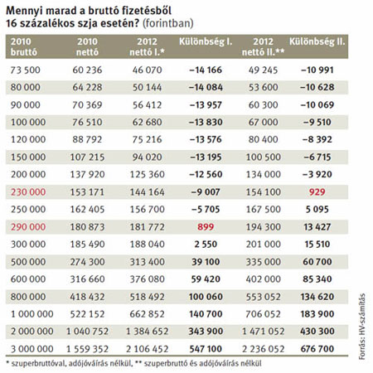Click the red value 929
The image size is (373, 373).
(317, 191)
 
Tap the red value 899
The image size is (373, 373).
(206, 227)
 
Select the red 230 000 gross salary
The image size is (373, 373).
(28, 191)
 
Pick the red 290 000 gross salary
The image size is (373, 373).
(28, 227)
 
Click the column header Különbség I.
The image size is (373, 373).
(206, 41)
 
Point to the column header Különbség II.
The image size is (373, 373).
(317, 41)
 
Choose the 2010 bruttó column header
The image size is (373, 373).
(24, 46)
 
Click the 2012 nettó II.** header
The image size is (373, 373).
(263, 46)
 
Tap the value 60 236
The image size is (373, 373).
(87, 70)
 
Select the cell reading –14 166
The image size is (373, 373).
(206, 70)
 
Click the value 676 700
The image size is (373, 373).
(317, 349)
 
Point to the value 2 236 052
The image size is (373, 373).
(263, 349)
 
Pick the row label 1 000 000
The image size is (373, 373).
(32, 314)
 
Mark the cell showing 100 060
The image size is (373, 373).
(206, 297)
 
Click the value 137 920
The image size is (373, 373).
(87, 174)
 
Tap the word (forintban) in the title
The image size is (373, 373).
(167, 23)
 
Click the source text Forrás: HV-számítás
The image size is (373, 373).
(362, 327)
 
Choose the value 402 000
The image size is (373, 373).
(263, 279)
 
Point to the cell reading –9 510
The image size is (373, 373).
(317, 122)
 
